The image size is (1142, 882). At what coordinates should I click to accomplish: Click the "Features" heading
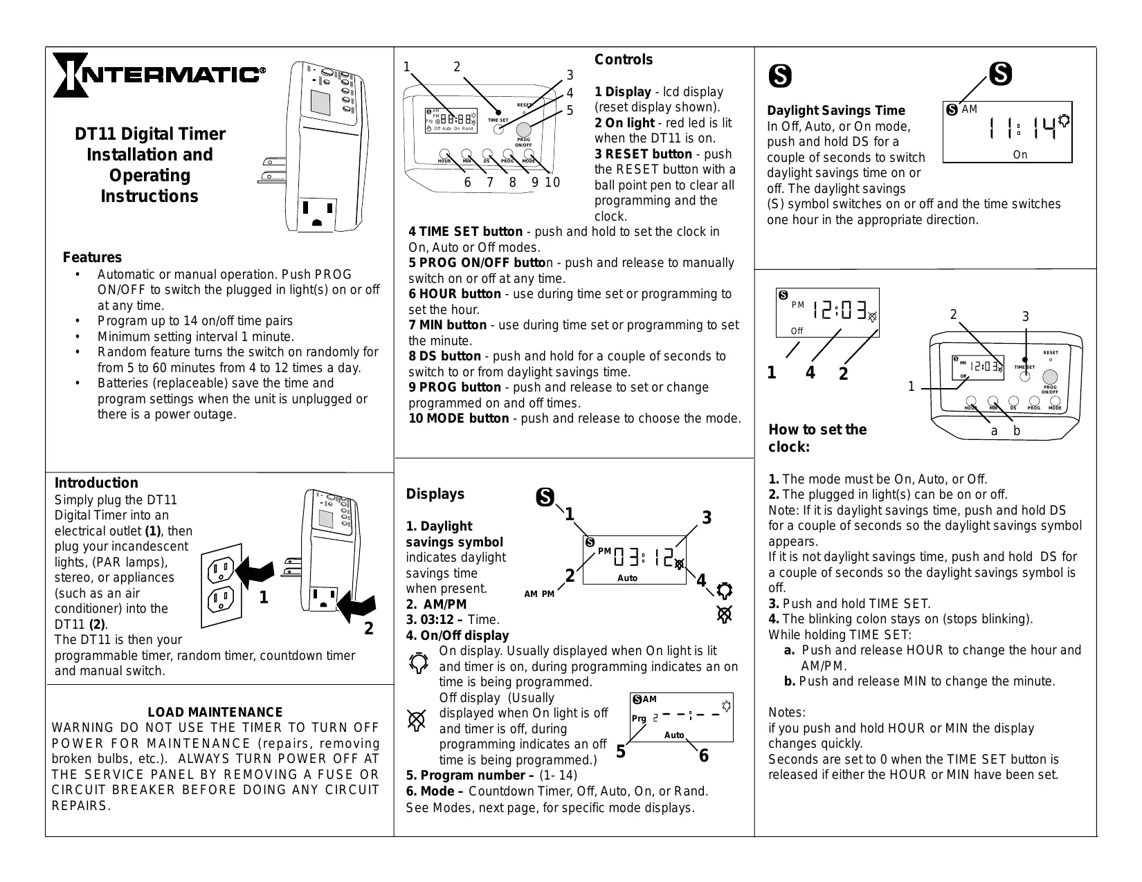click(92, 257)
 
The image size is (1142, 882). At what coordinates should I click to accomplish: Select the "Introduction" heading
click(96, 483)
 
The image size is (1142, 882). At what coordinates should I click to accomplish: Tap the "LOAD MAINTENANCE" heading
click(215, 712)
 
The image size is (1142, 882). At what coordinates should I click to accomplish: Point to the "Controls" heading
click(624, 59)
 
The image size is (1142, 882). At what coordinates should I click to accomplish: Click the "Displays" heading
click(435, 494)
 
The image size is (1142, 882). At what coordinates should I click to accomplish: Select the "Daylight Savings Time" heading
click(835, 111)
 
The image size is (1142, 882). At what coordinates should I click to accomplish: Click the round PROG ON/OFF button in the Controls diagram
click(523, 130)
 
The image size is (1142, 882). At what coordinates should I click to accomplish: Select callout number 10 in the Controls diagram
click(552, 183)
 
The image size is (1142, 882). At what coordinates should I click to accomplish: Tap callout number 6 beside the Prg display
click(704, 755)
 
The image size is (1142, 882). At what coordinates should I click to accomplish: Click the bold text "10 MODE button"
click(458, 419)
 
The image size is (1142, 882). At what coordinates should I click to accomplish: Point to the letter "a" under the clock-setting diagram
click(994, 431)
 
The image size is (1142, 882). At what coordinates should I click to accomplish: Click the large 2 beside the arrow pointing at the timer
click(368, 628)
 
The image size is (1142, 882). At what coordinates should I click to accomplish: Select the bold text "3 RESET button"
click(643, 154)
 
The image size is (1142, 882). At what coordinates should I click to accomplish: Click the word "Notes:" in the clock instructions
click(787, 713)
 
